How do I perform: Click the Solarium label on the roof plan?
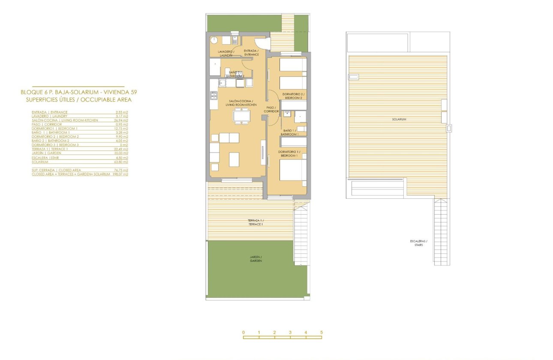tap(398, 119)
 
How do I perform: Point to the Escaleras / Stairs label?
tap(418, 243)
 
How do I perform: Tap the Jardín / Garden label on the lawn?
tap(256, 259)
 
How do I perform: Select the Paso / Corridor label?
tap(272, 109)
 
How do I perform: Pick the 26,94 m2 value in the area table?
tap(122, 120)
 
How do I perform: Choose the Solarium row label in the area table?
tap(40, 162)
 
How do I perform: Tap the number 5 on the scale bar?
tap(321, 333)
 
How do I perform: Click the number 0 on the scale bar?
tap(243, 333)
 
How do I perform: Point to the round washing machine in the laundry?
tap(214, 41)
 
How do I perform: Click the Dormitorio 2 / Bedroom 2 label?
tap(294, 96)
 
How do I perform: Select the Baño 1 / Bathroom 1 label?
tap(290, 132)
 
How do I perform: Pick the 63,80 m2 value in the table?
tap(122, 162)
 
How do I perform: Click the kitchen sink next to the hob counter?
tap(222, 83)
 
